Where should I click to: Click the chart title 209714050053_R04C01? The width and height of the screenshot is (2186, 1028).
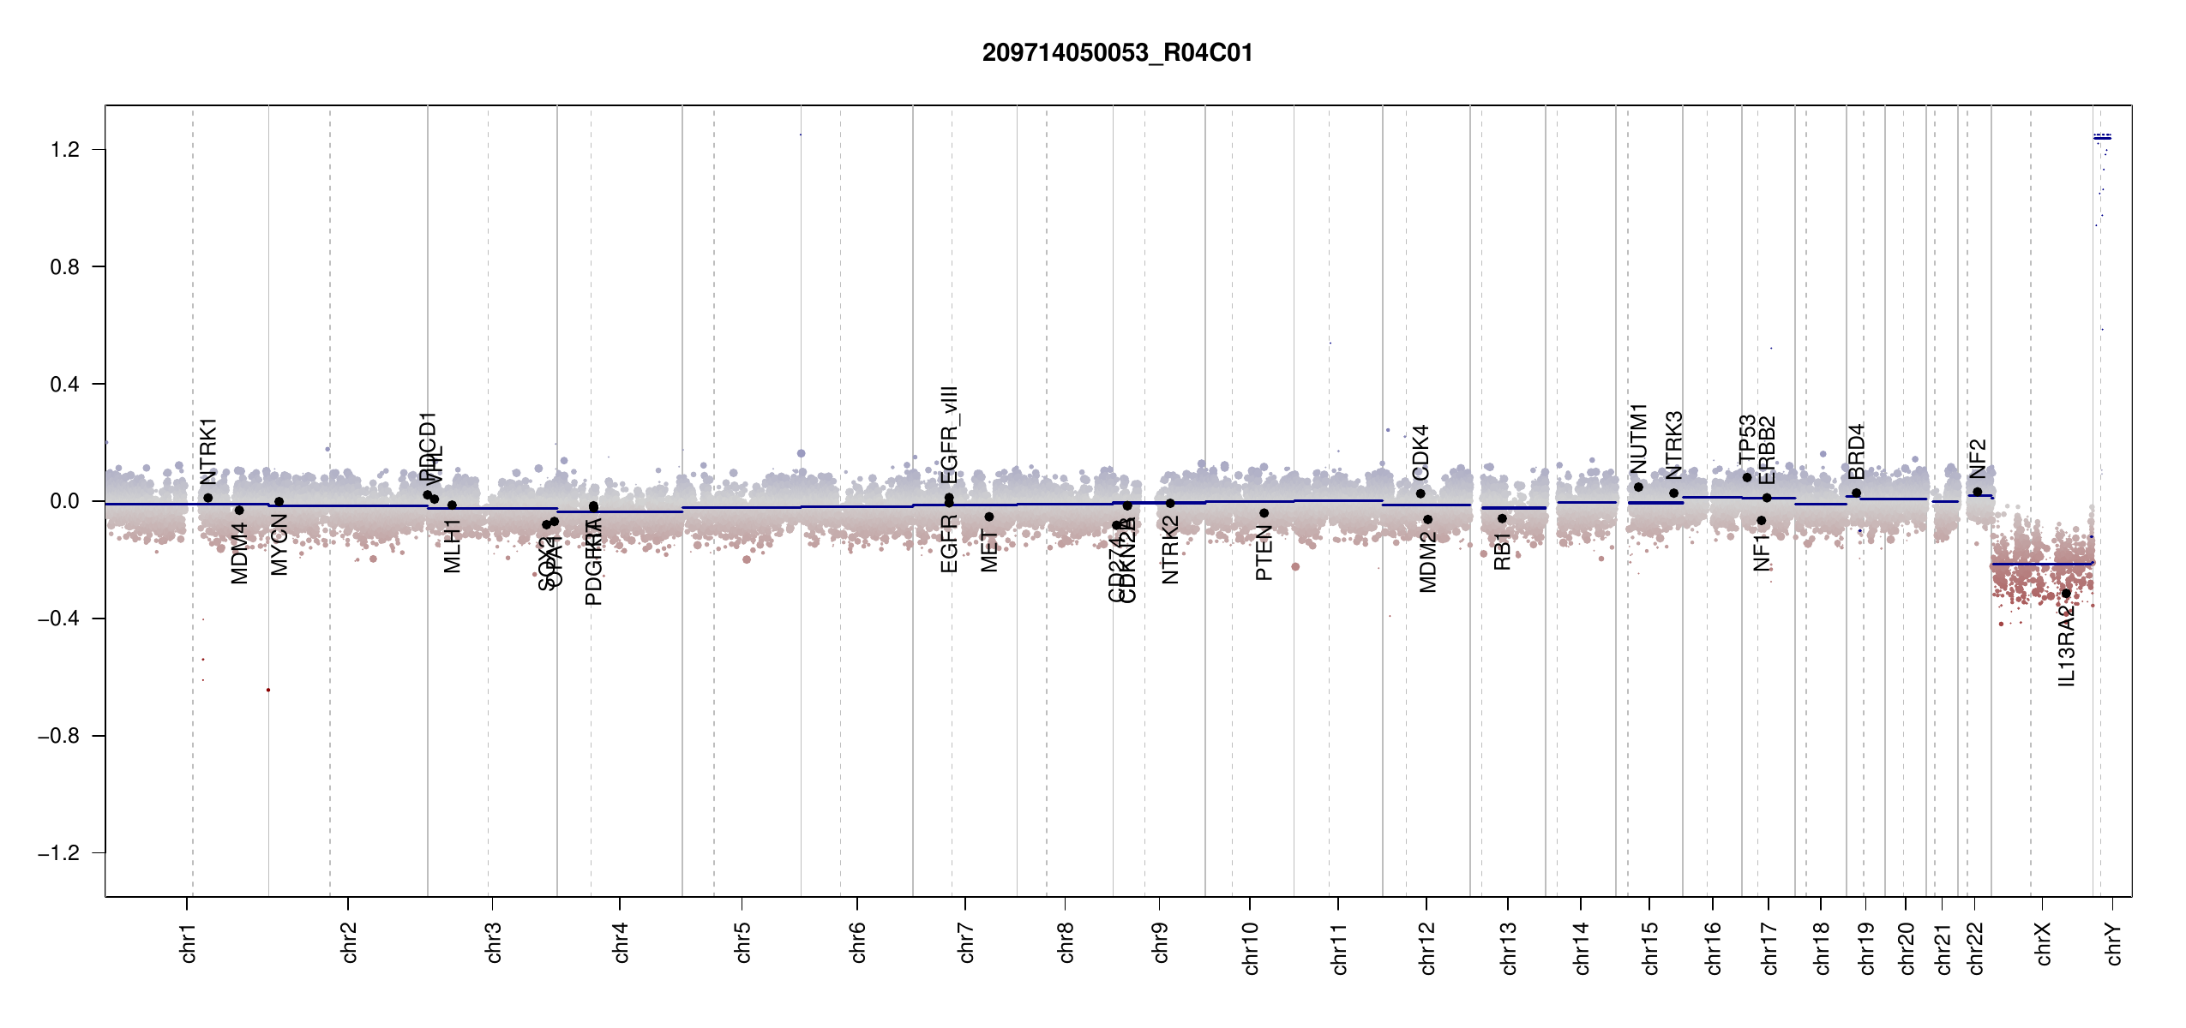(1117, 53)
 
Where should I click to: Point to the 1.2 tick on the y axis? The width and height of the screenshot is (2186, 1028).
(65, 150)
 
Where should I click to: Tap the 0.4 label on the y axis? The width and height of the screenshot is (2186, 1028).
(65, 385)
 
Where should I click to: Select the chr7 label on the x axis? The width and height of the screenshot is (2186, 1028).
(966, 942)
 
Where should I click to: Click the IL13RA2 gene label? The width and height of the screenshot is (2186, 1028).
(2066, 647)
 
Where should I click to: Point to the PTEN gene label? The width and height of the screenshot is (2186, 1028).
(1264, 553)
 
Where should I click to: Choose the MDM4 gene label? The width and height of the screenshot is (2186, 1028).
(239, 553)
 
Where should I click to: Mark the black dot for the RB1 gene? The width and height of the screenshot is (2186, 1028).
(1502, 518)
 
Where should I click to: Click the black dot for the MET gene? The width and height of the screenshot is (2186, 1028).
(989, 517)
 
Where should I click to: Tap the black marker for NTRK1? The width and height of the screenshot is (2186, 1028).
(208, 498)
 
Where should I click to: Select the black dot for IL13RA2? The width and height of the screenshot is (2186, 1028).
(2066, 594)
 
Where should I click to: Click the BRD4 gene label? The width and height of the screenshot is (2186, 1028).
(1857, 451)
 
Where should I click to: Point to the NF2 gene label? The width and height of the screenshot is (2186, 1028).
(1978, 458)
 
